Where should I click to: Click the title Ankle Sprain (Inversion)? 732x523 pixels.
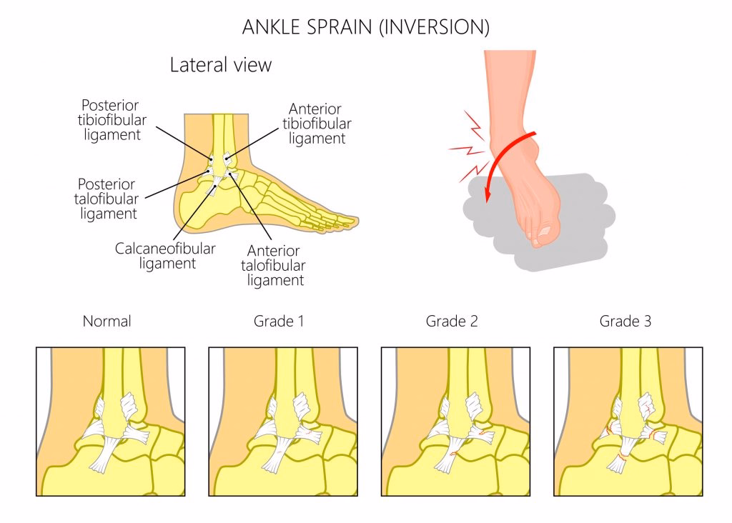[365, 27]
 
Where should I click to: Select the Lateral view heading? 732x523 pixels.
[221, 65]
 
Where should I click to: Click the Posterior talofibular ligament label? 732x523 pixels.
[107, 198]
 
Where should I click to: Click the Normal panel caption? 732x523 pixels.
[107, 322]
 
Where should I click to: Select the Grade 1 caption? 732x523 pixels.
[280, 322]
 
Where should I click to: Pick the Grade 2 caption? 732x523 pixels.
[452, 322]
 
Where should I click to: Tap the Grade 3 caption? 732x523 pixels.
[625, 322]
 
